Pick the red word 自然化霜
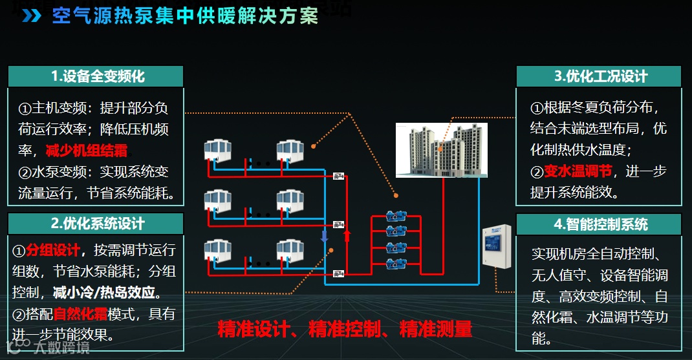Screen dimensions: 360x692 [x=80, y=314]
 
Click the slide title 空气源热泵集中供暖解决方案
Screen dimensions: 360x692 [x=185, y=16]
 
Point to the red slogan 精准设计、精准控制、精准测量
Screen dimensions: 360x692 [x=345, y=330]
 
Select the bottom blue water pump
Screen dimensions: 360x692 [x=394, y=263]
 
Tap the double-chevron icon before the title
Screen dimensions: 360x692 [x=30, y=16]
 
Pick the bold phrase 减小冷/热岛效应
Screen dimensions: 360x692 [x=105, y=292]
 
